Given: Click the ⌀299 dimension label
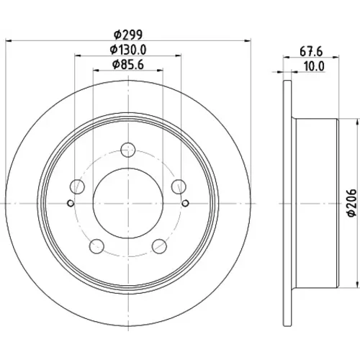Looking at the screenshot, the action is point(128,35).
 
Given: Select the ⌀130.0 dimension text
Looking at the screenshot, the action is point(128,50).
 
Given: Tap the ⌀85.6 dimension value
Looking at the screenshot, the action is point(128,65).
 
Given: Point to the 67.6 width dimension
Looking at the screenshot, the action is point(311,52).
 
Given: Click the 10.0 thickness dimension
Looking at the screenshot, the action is point(314,66).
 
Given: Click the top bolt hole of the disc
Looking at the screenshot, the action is point(128,150).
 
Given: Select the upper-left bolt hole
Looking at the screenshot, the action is point(77,186).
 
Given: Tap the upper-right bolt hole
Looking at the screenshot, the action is point(179,186).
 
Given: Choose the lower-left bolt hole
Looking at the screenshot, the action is point(96,246).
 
